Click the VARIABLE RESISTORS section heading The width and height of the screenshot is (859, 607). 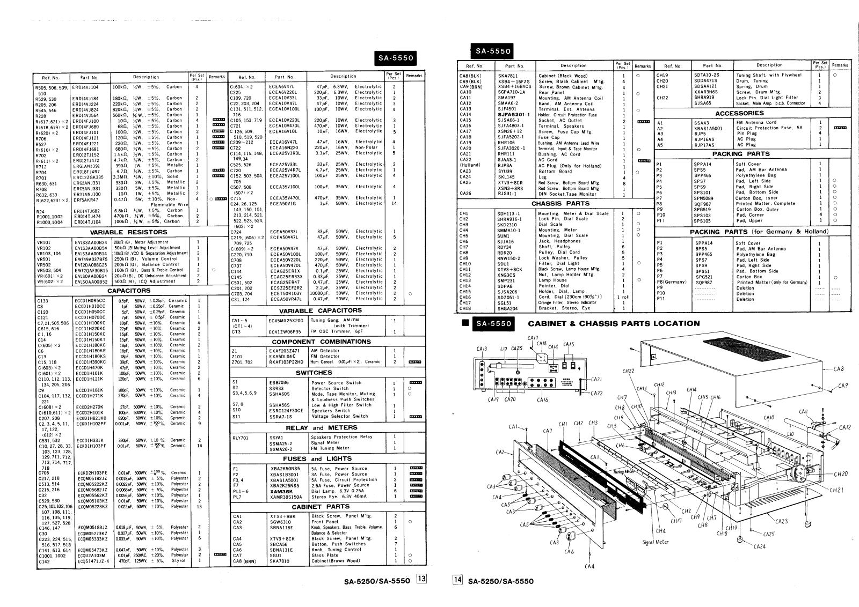128,232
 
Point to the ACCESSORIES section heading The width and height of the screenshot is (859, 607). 739,113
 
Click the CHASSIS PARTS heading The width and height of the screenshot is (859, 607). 560,204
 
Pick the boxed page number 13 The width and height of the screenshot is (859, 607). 422,580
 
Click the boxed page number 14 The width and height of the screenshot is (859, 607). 458,580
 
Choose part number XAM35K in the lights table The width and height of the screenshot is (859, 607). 281,491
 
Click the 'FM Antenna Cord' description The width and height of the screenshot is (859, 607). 756,122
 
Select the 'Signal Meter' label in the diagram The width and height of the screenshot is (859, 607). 656,542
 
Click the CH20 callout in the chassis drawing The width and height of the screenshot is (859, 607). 841,474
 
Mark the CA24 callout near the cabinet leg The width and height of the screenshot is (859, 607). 760,547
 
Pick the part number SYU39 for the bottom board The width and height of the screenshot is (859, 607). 505,172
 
